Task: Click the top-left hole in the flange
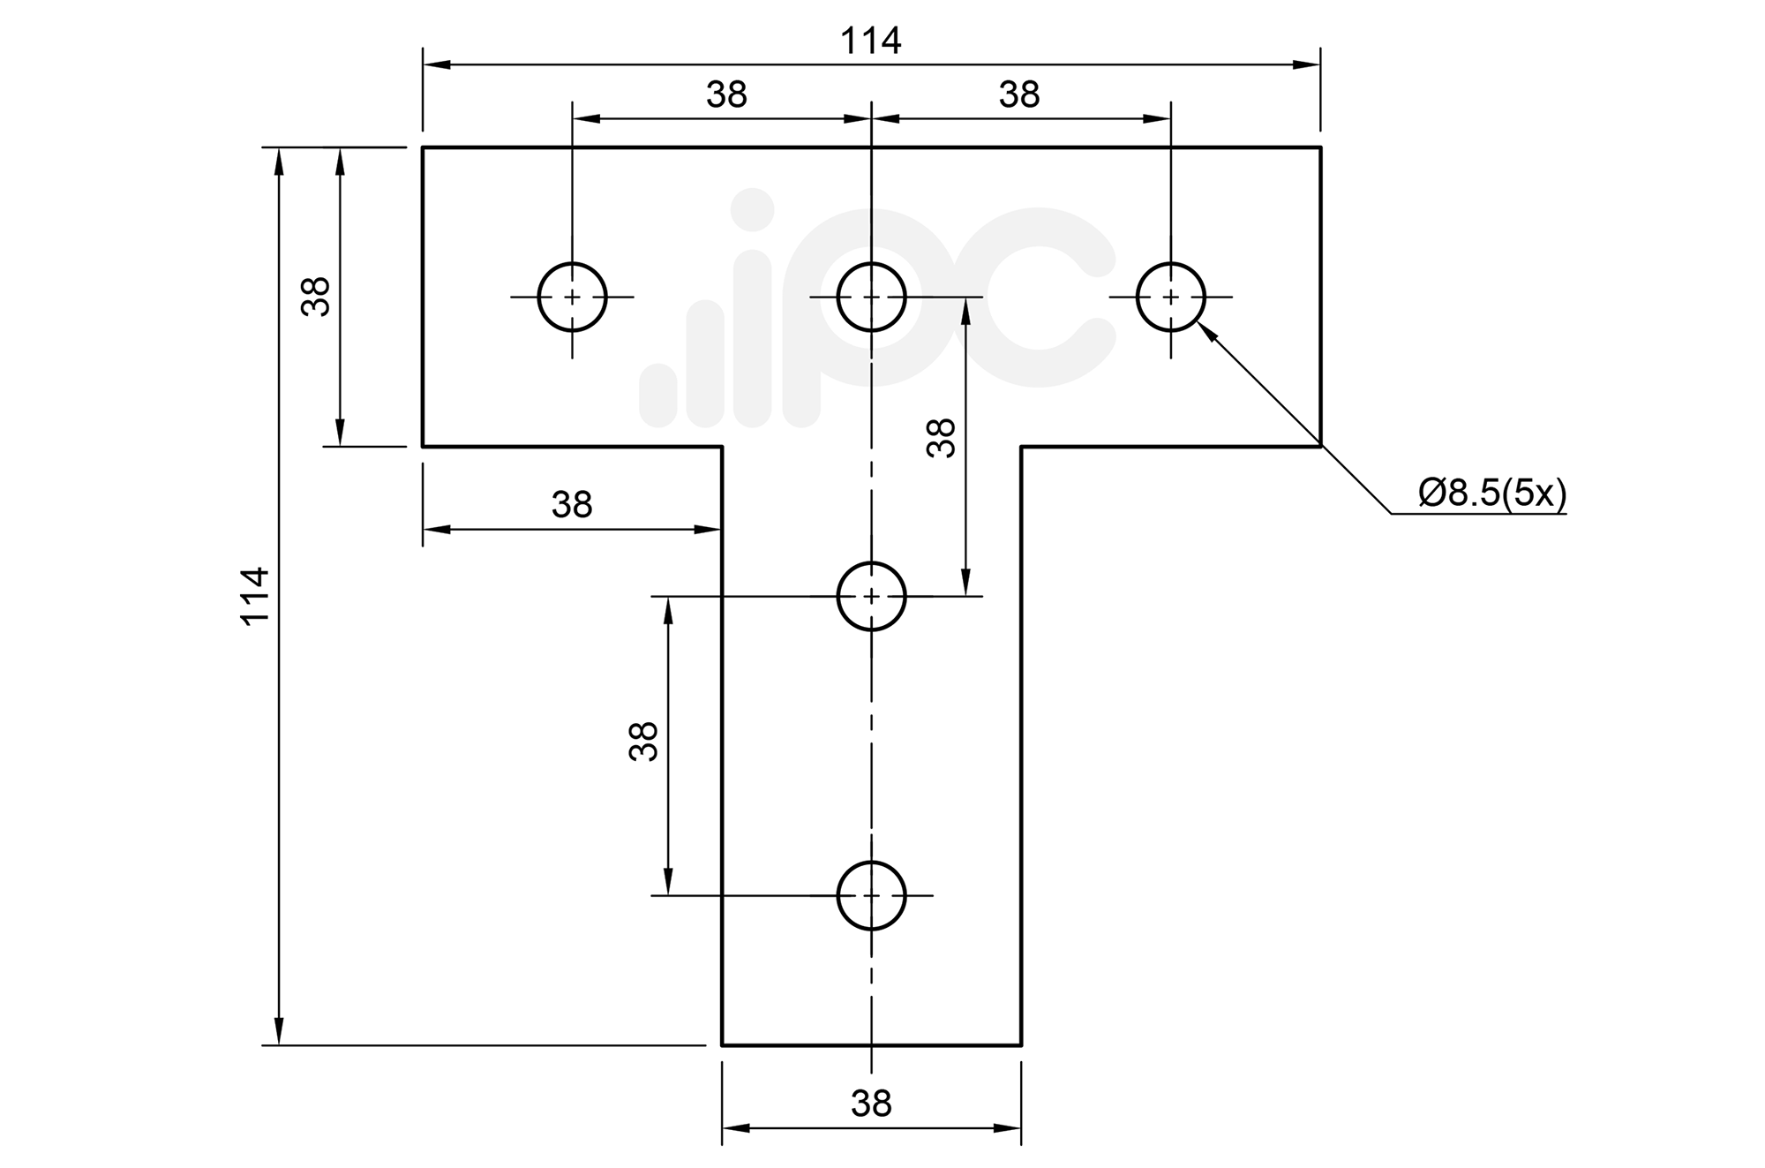pos(572,297)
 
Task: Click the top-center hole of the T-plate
pos(871,297)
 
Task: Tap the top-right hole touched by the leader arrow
pos(1170,297)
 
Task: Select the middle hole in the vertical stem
pos(871,596)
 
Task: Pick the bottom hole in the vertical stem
pos(871,895)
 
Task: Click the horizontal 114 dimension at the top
pos(870,41)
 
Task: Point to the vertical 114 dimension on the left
pos(255,596)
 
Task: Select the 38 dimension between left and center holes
pos(726,94)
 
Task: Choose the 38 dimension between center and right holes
pos(1019,94)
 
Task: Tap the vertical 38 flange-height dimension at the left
pos(316,297)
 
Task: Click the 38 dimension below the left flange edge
pos(572,505)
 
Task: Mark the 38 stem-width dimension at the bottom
pos(871,1104)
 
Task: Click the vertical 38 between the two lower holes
pos(644,742)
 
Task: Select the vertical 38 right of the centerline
pos(942,438)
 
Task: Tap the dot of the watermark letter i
pos(753,209)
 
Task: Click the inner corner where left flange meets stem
pos(722,447)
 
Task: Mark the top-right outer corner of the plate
pos(1320,147)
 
